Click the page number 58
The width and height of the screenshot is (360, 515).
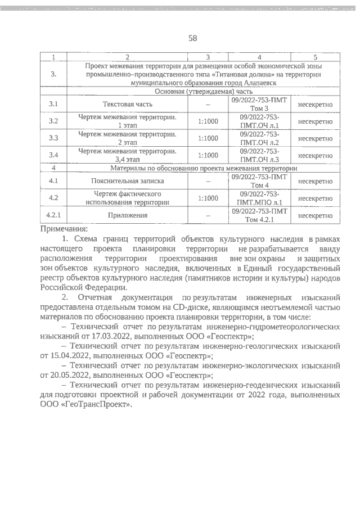pos(192,38)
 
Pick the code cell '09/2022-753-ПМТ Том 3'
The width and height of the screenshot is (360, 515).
pos(259,104)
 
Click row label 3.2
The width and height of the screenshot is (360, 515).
pos(54,121)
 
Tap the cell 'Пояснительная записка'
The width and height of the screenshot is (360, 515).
pos(127,182)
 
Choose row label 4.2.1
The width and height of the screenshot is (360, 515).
pos(54,215)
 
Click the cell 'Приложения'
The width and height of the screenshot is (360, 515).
pos(127,215)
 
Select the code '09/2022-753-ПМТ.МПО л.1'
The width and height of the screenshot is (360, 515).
pos(259,198)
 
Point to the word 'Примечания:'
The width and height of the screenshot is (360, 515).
pos(64,229)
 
